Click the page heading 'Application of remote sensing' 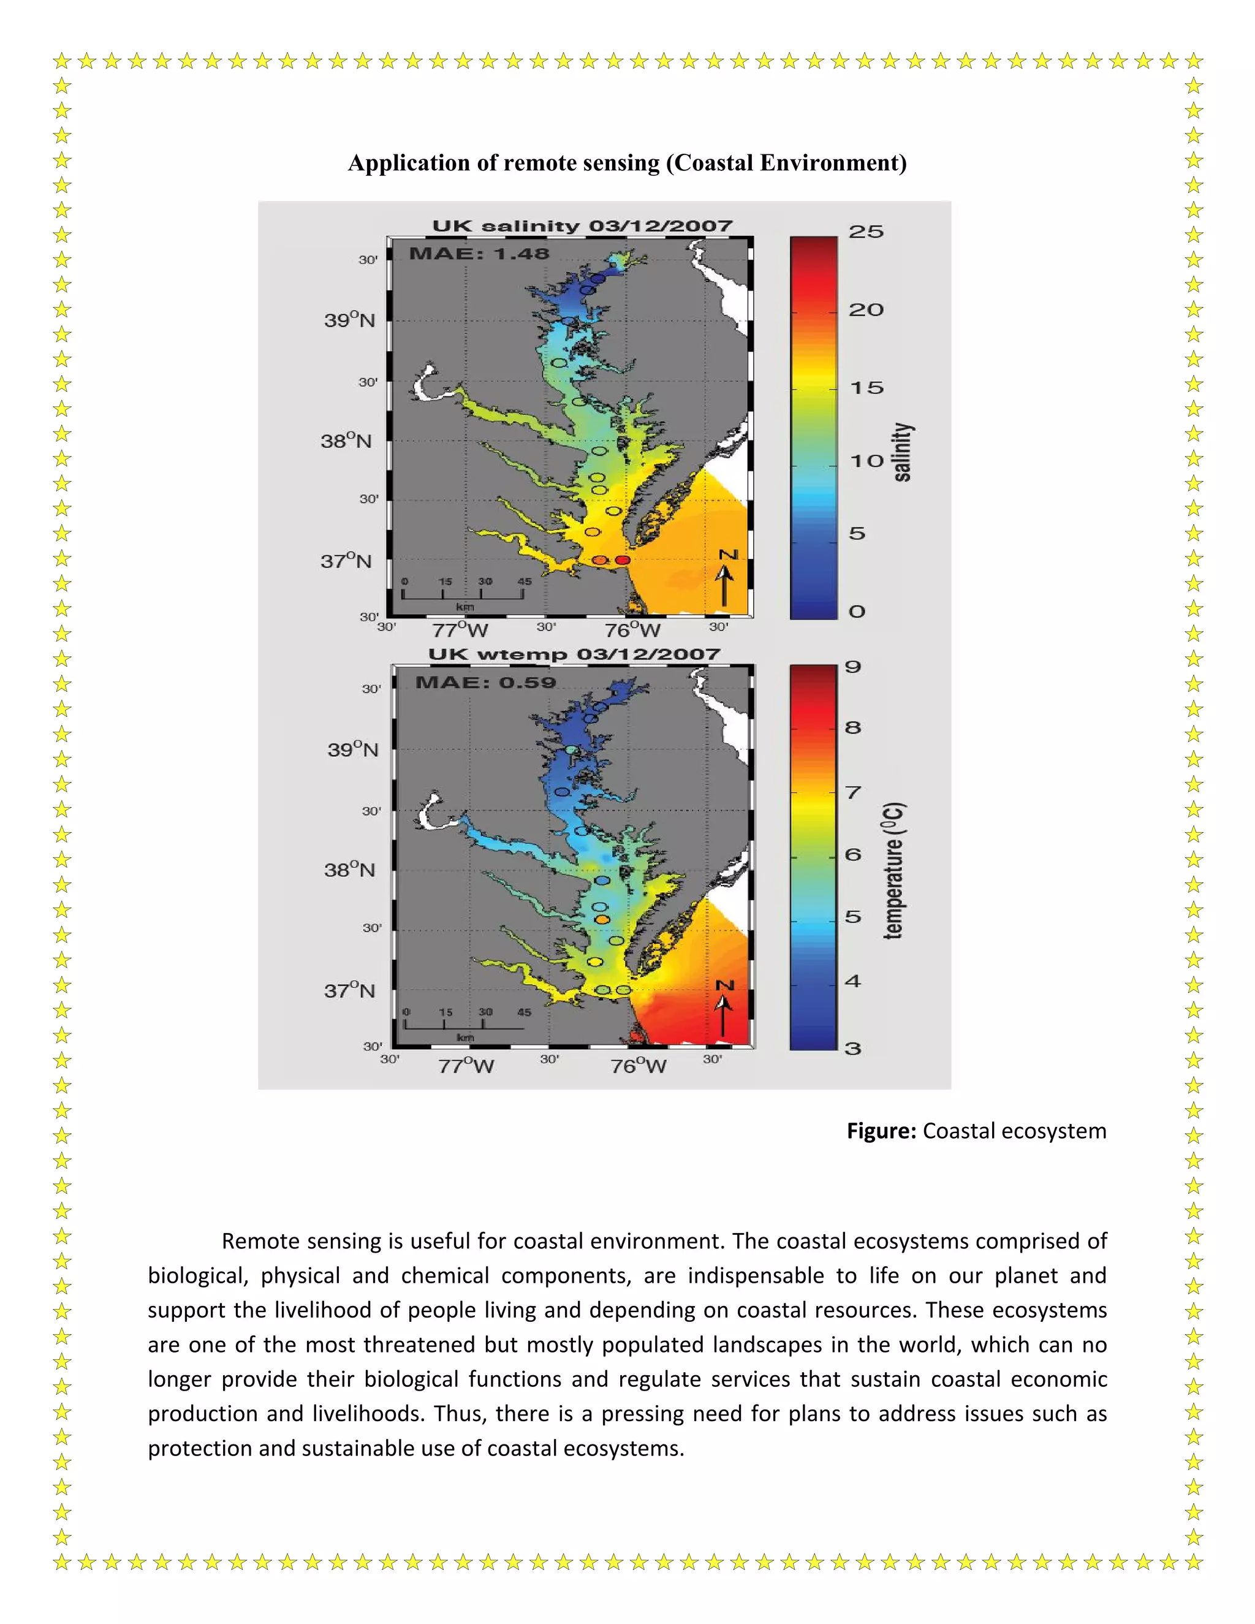(627, 163)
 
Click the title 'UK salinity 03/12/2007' (582, 226)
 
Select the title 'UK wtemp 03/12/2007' (574, 655)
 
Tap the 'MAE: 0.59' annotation (485, 683)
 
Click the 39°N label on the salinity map (349, 320)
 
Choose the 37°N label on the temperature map (349, 990)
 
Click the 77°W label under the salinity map (460, 631)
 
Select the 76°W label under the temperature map (638, 1066)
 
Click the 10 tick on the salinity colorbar (866, 461)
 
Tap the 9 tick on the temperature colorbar (853, 667)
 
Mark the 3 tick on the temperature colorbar (853, 1049)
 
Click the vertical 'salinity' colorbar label (902, 452)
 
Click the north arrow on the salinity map (725, 580)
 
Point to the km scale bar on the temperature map (464, 1026)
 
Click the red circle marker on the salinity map (623, 560)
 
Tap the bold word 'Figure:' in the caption (881, 1131)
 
